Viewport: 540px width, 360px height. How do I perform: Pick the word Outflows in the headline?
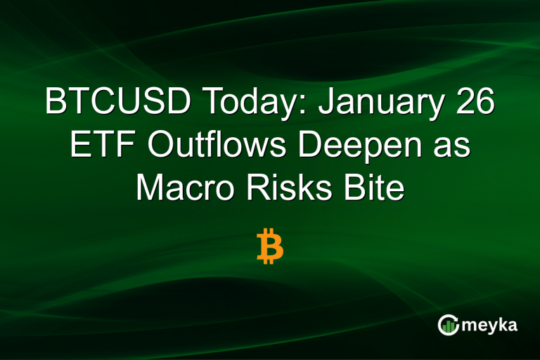(x=210, y=147)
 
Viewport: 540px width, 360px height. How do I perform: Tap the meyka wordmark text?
(x=491, y=326)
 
